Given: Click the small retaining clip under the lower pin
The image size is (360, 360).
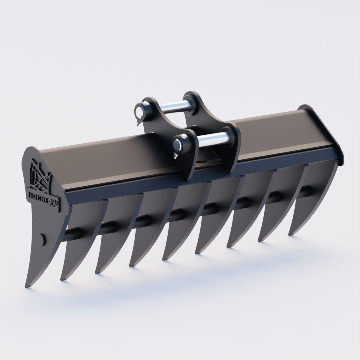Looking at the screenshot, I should point(175,156).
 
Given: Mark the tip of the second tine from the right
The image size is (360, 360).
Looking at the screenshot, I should point(260,240).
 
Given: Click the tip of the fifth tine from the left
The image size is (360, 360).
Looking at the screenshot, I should point(164,259).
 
